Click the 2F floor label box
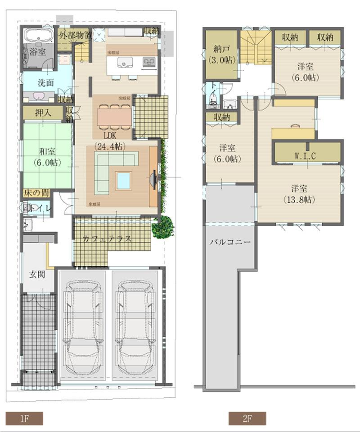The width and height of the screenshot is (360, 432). pyautogui.click(x=247, y=418)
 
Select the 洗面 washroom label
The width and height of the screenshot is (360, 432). pyautogui.click(x=45, y=83)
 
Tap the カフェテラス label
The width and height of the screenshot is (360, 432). pyautogui.click(x=107, y=239)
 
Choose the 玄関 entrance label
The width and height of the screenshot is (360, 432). pyautogui.click(x=36, y=274)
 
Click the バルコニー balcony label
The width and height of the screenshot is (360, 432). pyautogui.click(x=230, y=242)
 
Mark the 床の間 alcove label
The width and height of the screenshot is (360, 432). pyautogui.click(x=36, y=193)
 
